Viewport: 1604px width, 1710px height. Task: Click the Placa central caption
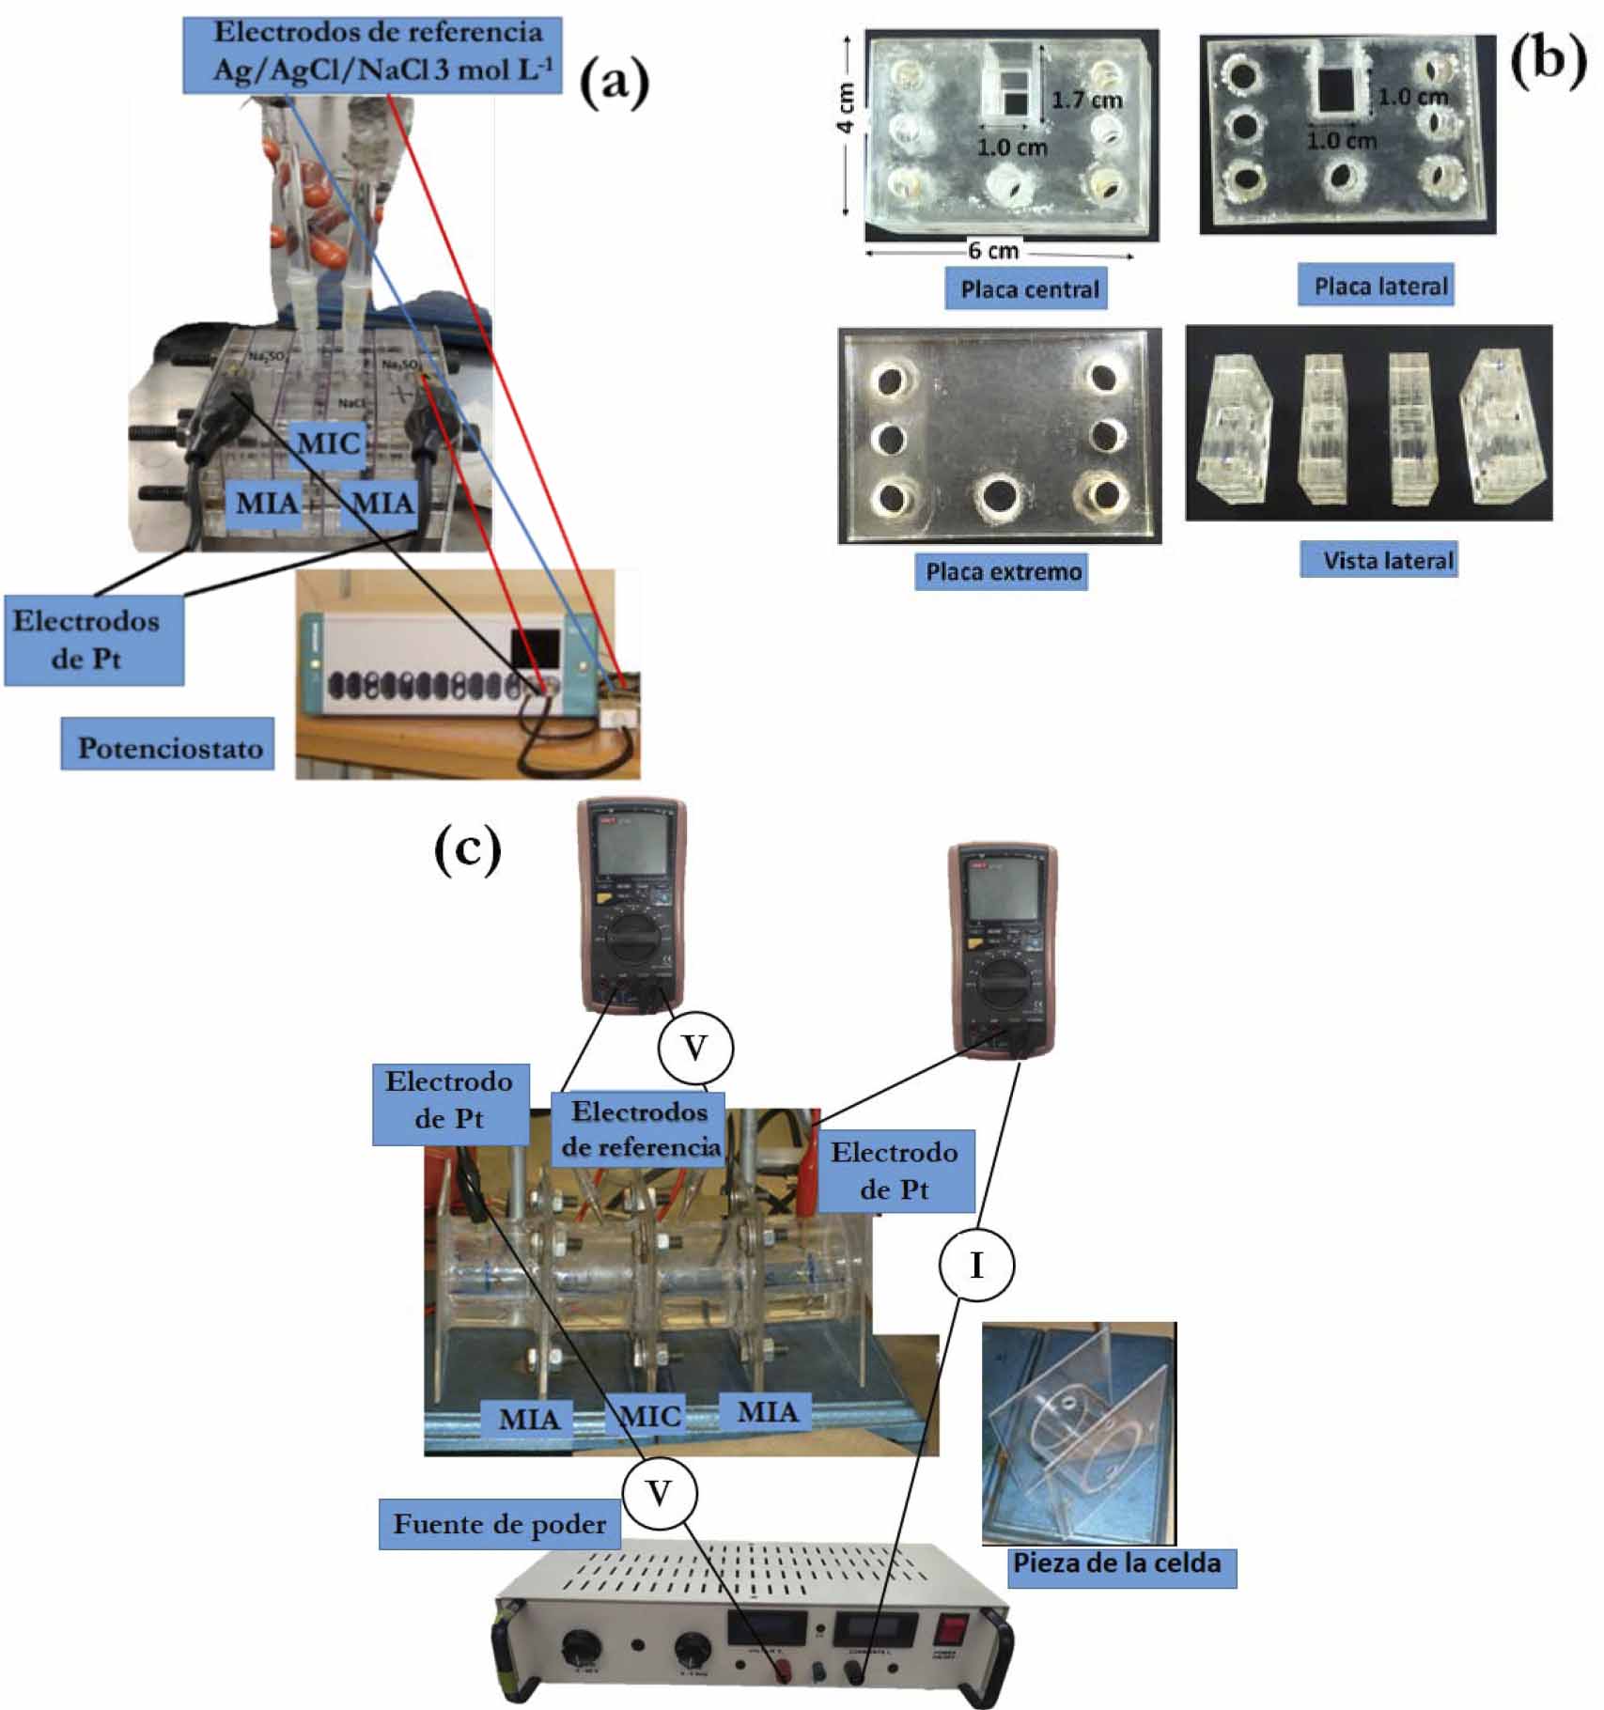coord(1028,288)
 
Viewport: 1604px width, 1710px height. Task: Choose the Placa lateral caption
coord(1378,286)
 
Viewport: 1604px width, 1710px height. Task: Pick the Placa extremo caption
coord(1003,571)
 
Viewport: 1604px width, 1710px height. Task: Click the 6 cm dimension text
coord(993,250)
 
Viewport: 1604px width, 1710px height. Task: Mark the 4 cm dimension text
coord(846,107)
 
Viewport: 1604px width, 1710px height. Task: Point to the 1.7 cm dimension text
coord(1087,100)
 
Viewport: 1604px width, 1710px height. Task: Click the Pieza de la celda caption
coord(1117,1564)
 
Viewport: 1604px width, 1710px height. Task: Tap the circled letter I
coord(976,1266)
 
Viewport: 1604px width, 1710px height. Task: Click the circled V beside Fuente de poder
coord(659,1492)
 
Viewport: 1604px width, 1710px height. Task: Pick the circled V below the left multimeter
coord(694,1048)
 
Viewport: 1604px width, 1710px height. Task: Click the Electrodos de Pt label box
coord(94,639)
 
